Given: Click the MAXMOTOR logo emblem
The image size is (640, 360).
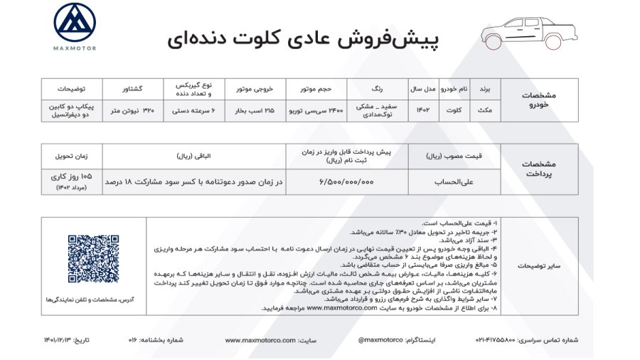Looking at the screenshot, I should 75,23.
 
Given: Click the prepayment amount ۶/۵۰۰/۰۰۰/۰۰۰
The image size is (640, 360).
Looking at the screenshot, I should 346,182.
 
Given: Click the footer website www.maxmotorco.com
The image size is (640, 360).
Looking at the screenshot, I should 258,340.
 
